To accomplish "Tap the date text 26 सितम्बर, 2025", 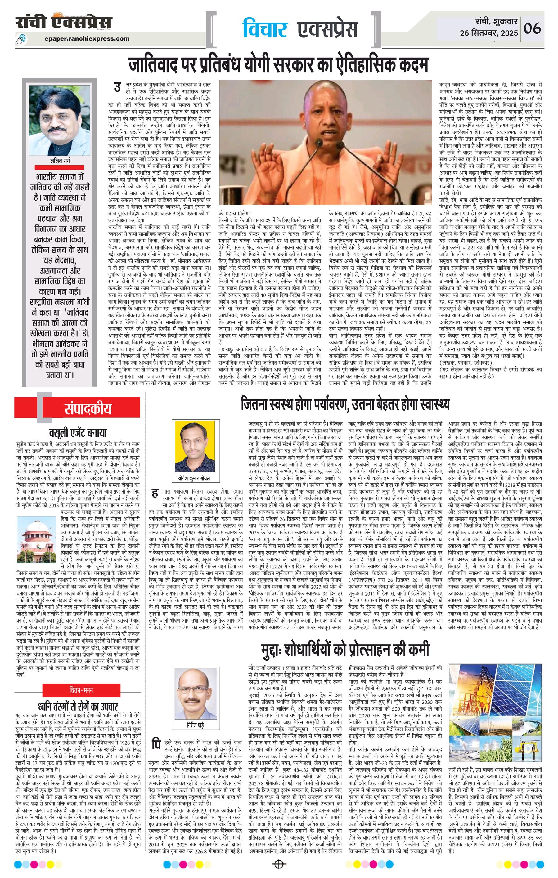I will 489,33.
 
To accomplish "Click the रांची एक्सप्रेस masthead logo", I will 64,23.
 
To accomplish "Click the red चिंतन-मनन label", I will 81,690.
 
